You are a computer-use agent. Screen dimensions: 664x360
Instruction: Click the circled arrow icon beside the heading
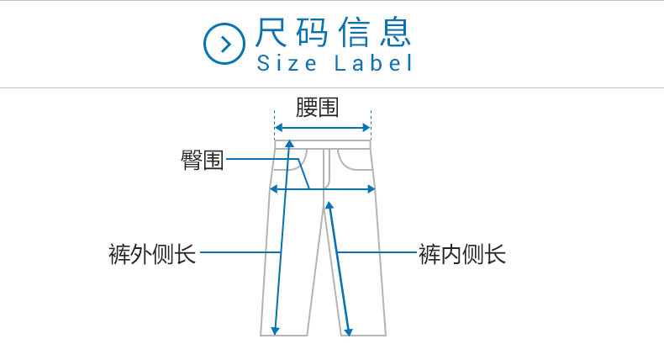tap(224, 44)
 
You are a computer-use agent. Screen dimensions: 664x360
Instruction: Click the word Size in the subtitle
tap(287, 64)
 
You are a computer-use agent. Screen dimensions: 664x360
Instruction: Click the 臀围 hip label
tap(203, 159)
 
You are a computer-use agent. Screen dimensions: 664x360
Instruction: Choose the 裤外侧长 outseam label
tap(152, 253)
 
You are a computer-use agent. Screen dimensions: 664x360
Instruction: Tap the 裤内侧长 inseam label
tap(462, 253)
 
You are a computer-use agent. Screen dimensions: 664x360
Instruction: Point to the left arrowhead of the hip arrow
tap(272, 189)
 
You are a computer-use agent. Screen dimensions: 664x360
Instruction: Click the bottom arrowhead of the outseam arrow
tap(277, 330)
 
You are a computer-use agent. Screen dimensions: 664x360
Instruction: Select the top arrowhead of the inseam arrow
tap(329, 204)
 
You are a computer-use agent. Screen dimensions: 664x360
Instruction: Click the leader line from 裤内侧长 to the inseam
tap(378, 252)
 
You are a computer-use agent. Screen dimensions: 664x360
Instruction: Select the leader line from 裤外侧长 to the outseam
tap(240, 252)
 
